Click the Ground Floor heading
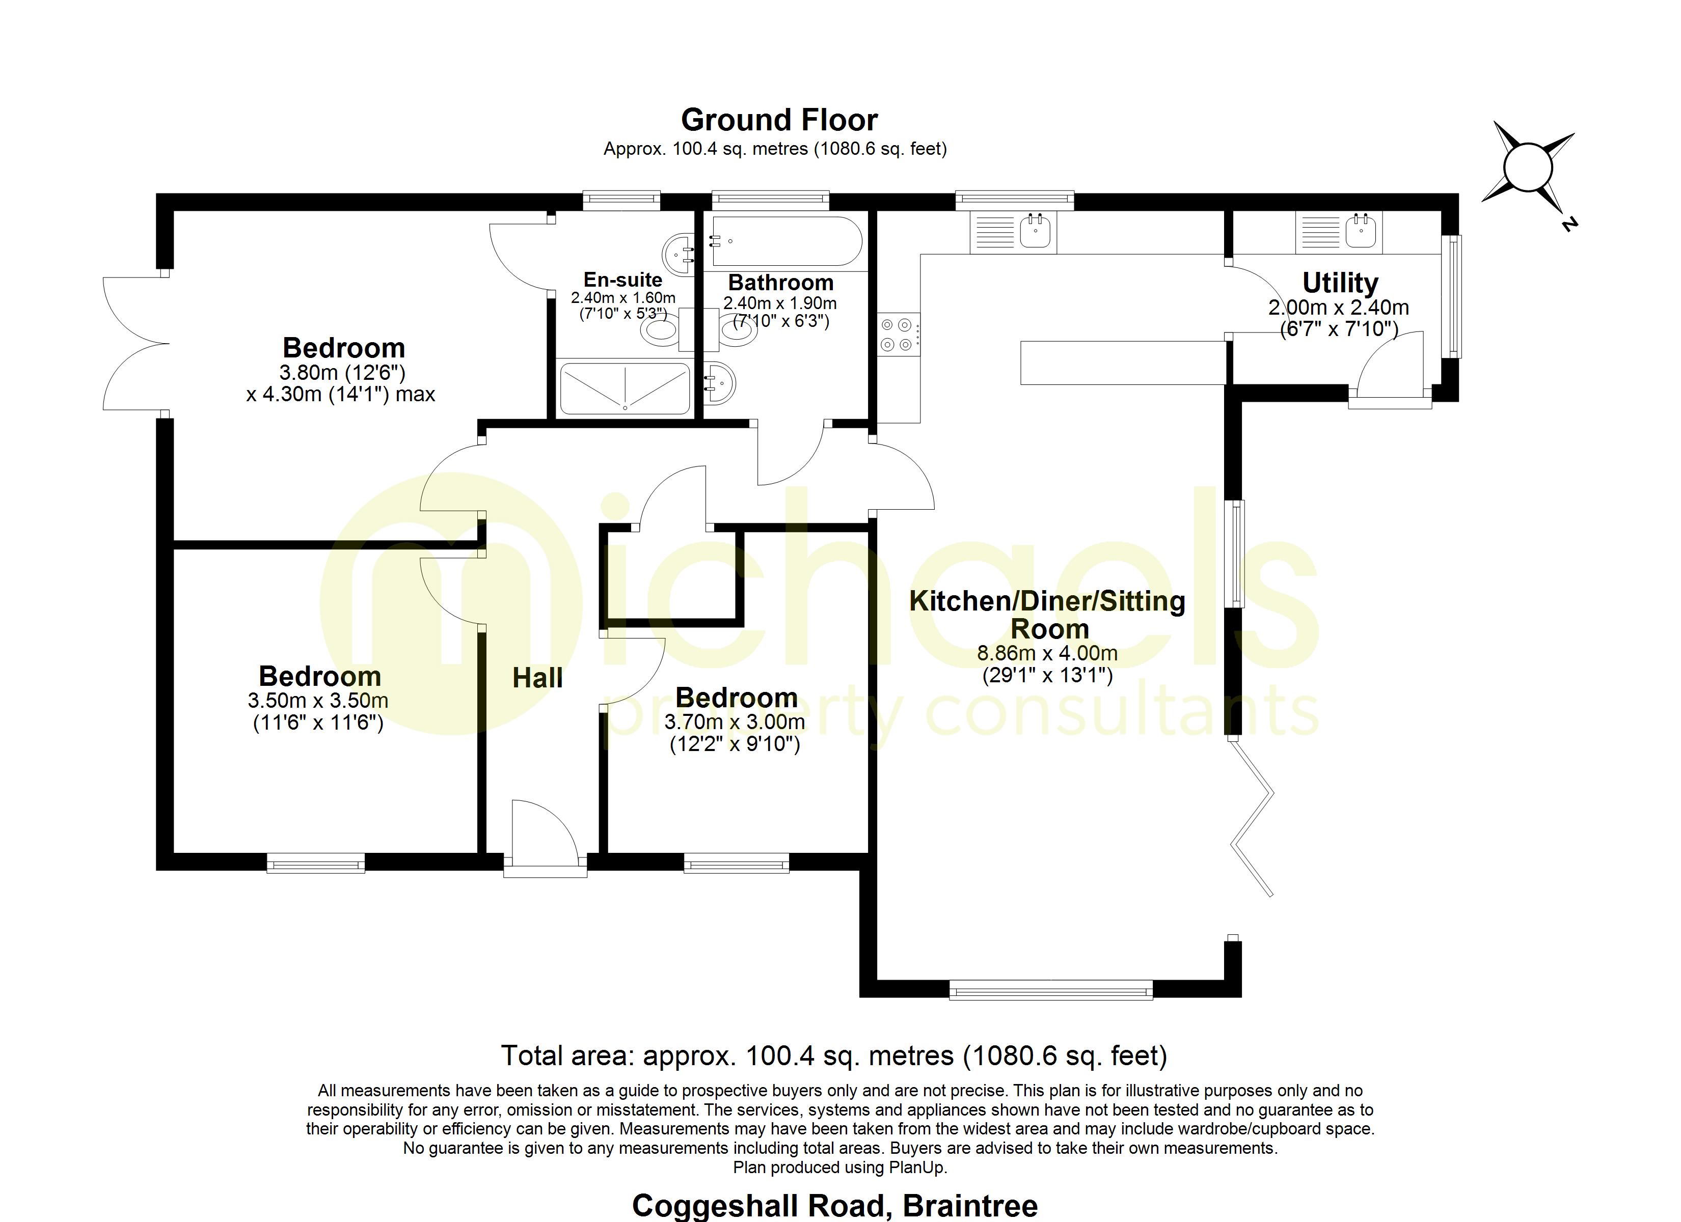[779, 120]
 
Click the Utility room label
[1340, 283]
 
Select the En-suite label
[622, 280]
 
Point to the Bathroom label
[780, 283]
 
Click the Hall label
[537, 678]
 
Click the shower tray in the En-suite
[625, 388]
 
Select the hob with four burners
[897, 334]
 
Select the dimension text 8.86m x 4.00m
[1046, 654]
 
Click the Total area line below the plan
[834, 1056]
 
